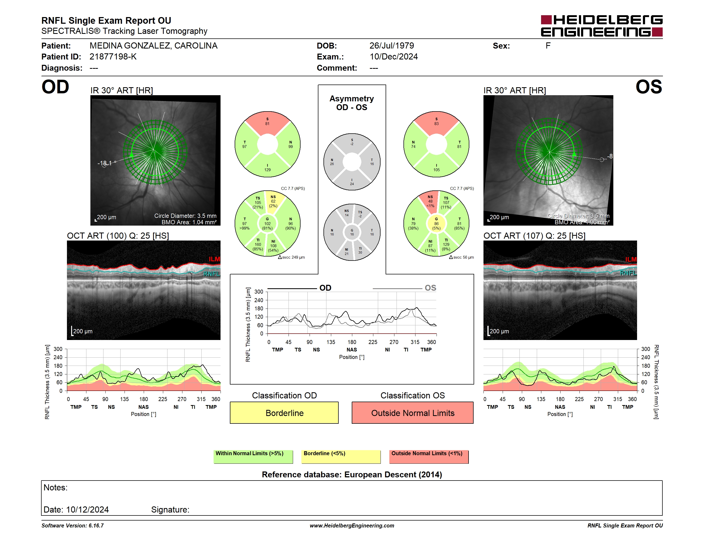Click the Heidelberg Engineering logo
point(602,26)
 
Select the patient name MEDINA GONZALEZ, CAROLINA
point(153,46)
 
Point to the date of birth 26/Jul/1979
point(392,46)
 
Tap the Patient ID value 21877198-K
point(113,57)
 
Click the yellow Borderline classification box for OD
point(284,413)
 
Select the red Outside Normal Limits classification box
point(413,413)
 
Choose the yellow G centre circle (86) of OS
point(436,224)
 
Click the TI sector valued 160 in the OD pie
point(258,245)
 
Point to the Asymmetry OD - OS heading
point(352,103)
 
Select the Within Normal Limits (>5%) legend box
point(253,457)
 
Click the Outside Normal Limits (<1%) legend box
point(429,457)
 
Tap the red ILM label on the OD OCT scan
point(214,259)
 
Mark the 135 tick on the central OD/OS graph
point(331,342)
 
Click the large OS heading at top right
point(649,87)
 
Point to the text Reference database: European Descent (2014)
point(352,474)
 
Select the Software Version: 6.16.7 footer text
point(73,525)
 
